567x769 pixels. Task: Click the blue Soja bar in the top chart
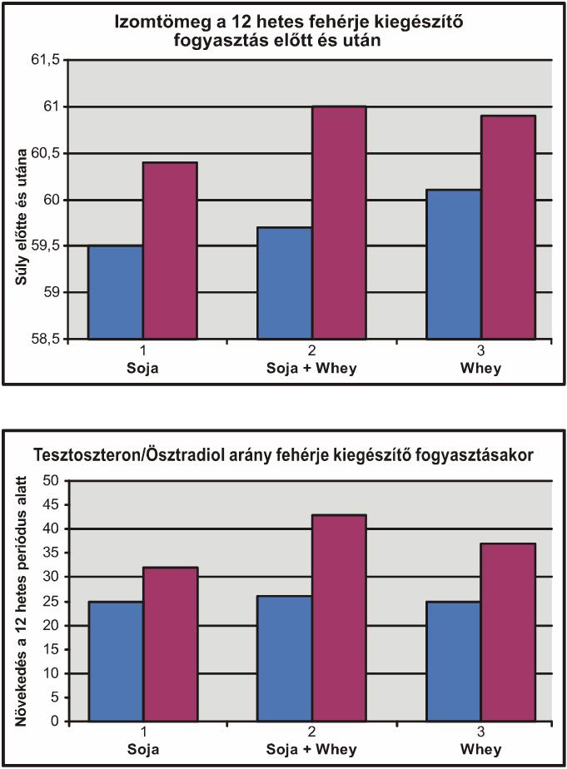click(x=115, y=292)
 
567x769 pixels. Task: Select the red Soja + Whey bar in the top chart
click(x=339, y=222)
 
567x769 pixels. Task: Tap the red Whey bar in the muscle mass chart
click(x=508, y=227)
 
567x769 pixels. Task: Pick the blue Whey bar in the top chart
click(x=454, y=264)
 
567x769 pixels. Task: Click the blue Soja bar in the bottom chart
click(x=115, y=662)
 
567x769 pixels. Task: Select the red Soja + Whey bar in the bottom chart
click(x=339, y=618)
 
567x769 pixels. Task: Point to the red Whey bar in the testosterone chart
click(x=508, y=633)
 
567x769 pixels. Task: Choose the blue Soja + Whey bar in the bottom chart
click(x=285, y=658)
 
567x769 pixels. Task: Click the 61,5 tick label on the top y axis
click(x=46, y=60)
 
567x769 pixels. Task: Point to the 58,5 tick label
click(x=46, y=339)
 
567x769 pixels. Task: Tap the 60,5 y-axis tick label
click(x=46, y=153)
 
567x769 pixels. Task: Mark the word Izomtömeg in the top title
click(x=155, y=23)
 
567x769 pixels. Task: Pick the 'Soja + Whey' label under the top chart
click(x=311, y=368)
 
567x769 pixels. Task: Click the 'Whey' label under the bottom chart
click(x=480, y=749)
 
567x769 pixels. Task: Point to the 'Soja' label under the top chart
click(x=142, y=368)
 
